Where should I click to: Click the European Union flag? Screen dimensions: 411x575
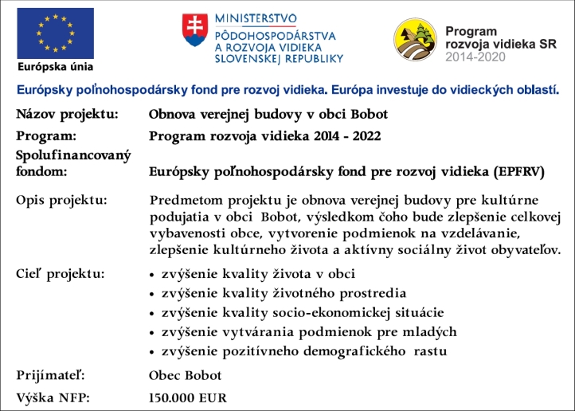tap(55, 33)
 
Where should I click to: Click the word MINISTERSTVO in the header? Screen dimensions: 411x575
tap(255, 18)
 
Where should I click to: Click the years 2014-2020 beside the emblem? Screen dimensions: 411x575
tap(477, 58)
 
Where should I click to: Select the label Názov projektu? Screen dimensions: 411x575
tap(67, 114)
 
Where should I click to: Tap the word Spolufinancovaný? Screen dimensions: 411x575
tap(72, 154)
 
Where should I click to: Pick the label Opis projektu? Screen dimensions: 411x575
tap(61, 199)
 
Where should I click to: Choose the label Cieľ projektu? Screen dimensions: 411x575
tap(60, 274)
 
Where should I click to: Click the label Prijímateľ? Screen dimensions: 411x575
tap(50, 375)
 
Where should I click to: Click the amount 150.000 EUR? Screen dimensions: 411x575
tap(188, 397)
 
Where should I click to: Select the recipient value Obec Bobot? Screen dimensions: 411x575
tap(186, 375)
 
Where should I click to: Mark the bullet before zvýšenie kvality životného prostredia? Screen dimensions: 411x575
tap(152, 295)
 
